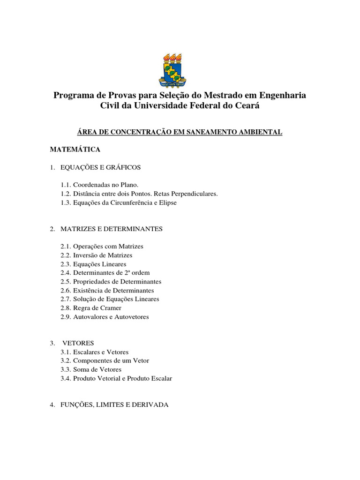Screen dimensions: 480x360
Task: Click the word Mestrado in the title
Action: tap(228, 96)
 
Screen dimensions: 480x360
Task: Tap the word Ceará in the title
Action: tap(246, 106)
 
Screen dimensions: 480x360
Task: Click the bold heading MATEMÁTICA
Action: tap(75, 150)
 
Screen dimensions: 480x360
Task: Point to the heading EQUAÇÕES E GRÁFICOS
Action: tap(101, 167)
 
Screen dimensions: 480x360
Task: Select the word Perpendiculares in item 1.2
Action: tap(195, 194)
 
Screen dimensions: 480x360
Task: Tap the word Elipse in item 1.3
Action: tap(167, 202)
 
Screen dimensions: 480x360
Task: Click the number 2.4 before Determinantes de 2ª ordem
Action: tap(66, 273)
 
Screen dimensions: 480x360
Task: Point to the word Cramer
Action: tap(110, 308)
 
